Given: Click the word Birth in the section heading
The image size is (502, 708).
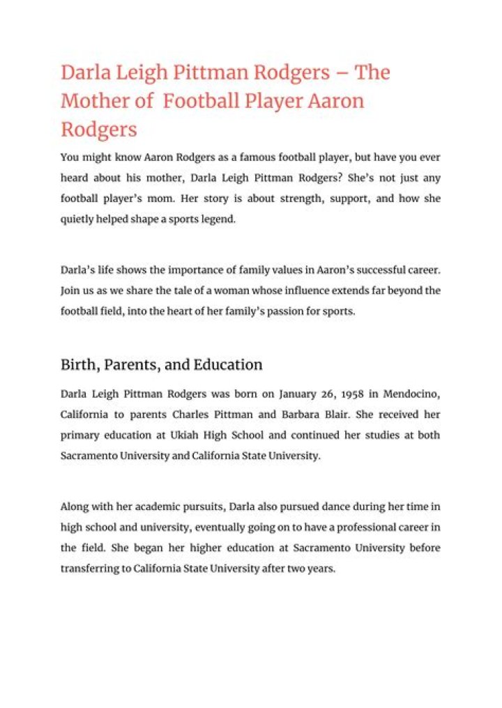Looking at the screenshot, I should [x=78, y=364].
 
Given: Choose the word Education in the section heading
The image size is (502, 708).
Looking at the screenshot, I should [x=228, y=364].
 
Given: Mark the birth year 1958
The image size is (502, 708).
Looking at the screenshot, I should [x=343, y=394].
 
